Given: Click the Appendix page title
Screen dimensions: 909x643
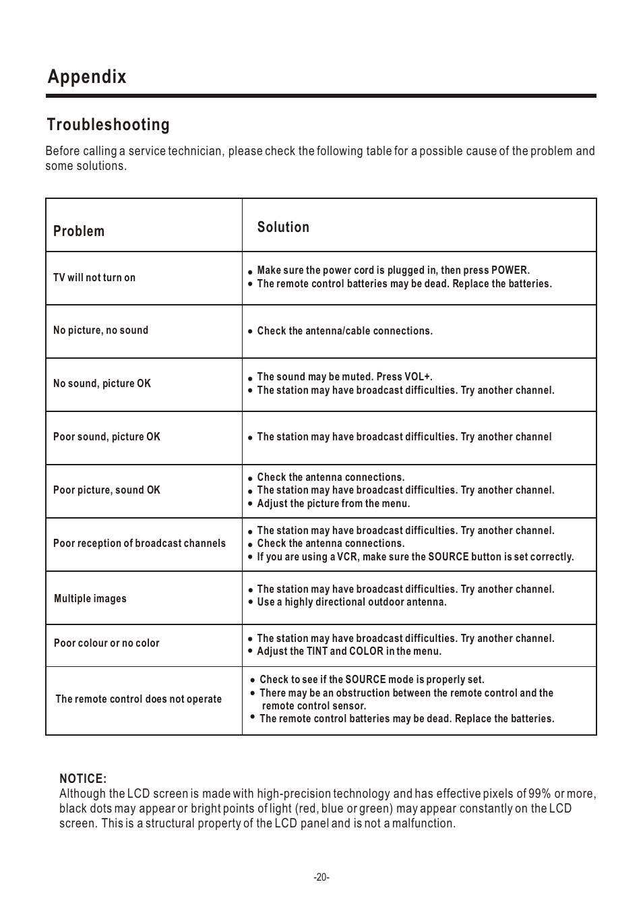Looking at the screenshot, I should [x=87, y=77].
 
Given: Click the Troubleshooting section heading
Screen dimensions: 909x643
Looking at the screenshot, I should [x=108, y=125].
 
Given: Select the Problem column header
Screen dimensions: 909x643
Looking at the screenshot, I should [x=79, y=231].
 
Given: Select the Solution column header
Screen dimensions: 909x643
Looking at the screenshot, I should [x=283, y=227].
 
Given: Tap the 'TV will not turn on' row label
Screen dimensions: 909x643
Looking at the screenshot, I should [x=94, y=278].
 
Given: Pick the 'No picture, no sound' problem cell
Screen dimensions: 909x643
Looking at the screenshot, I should [x=100, y=330].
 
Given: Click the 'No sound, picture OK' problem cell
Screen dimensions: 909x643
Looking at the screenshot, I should [x=102, y=384].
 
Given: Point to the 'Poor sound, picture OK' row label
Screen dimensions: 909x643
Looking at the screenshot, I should [x=106, y=437].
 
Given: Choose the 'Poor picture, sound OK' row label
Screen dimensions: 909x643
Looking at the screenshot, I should [x=106, y=490].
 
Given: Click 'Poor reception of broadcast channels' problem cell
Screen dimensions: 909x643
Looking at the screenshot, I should [x=140, y=544].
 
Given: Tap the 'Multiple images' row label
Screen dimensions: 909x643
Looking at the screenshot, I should [x=90, y=599].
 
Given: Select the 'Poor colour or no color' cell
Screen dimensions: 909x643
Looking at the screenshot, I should [x=106, y=643].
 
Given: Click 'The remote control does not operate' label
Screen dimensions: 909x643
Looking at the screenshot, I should [x=138, y=699].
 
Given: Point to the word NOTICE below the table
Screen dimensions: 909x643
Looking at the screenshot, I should [x=83, y=780].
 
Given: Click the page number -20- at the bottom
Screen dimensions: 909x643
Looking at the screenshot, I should [x=321, y=877].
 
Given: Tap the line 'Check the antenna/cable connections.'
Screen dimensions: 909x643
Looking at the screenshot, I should [x=344, y=331].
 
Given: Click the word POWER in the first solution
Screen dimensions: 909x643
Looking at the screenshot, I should [x=510, y=270].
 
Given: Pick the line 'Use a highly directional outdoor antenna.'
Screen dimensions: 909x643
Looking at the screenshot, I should [x=351, y=602].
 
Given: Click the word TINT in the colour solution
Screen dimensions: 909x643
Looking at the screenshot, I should [x=317, y=651].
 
